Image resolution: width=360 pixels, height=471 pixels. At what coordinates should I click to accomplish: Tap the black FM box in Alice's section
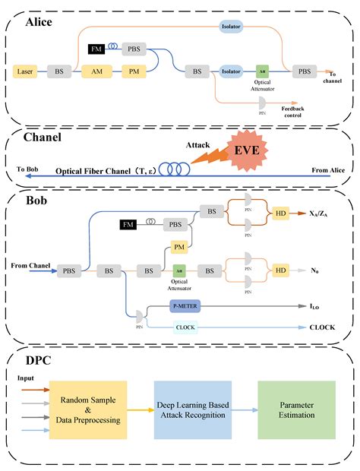point(96,49)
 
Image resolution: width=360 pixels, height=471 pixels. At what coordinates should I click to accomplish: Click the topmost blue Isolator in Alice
point(232,26)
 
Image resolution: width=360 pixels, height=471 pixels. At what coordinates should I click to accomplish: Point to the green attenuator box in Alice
point(262,71)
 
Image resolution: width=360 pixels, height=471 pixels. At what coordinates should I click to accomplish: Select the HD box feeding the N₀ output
point(281,270)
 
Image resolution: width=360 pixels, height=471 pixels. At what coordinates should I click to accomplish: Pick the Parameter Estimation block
point(296,409)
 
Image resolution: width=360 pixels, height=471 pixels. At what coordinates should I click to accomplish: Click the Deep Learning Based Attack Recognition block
point(192,409)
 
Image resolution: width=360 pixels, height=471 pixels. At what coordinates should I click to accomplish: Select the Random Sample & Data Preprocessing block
point(87,409)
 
